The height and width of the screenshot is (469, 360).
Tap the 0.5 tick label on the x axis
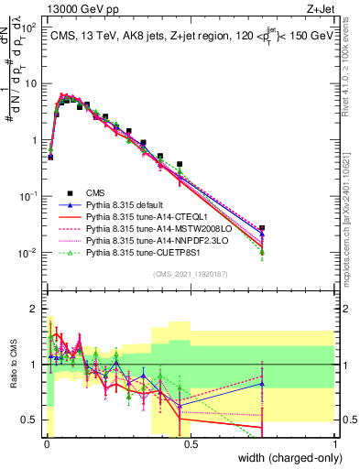190,442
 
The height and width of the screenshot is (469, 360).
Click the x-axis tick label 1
335,442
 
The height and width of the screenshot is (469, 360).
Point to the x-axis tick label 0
46,442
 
